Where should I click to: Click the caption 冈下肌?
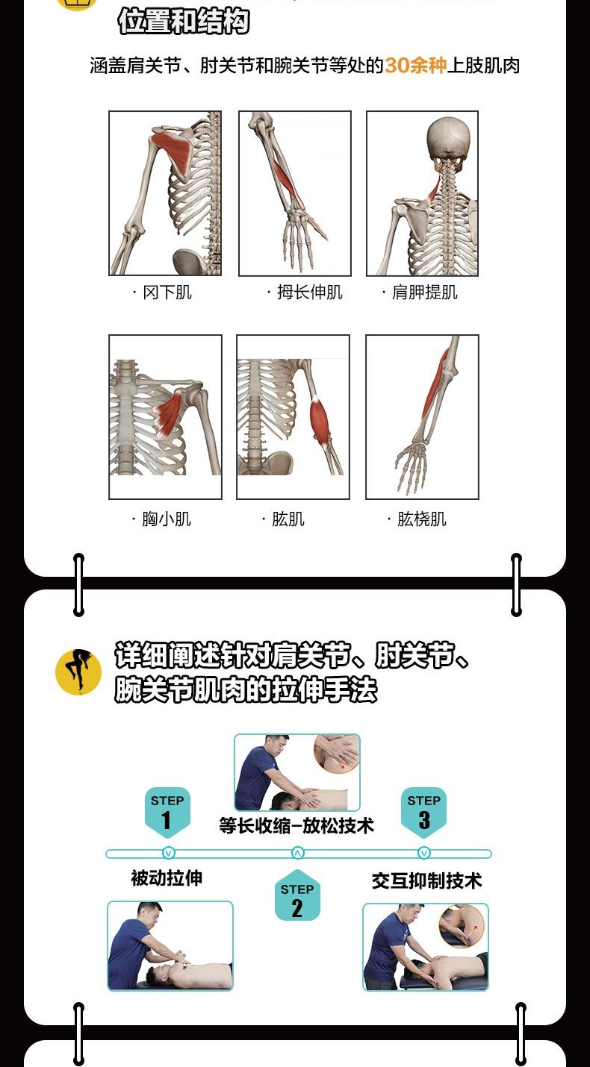(167, 292)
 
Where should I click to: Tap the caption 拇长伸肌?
(310, 292)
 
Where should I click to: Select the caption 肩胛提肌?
(425, 292)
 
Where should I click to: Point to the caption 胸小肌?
(167, 519)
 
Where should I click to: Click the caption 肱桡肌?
(422, 519)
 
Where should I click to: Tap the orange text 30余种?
(415, 66)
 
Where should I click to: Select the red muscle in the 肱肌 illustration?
(320, 422)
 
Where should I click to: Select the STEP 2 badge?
(297, 896)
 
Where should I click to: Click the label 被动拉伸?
(167, 878)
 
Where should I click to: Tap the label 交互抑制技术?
(427, 880)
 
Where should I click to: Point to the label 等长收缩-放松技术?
(296, 825)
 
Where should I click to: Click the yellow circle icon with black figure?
(78, 672)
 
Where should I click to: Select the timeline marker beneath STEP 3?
(424, 853)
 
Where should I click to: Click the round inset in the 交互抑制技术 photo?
(463, 927)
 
